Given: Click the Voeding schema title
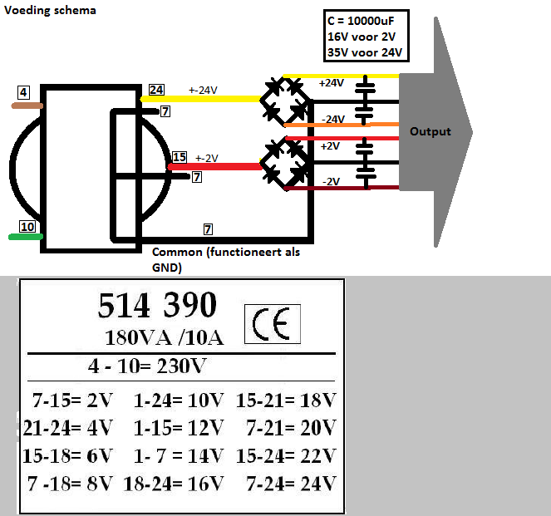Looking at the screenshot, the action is (x=50, y=11).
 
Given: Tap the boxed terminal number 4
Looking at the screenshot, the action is (x=23, y=92).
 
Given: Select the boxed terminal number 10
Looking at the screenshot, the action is (x=27, y=227).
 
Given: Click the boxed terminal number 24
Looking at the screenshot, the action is (x=156, y=90).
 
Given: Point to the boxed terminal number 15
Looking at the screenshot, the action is (x=180, y=157).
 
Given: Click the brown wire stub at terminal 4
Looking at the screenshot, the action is (x=27, y=106).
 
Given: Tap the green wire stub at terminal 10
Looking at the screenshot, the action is (x=26, y=237).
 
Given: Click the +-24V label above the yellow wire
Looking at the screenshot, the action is (x=203, y=91).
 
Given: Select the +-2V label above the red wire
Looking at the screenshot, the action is (x=207, y=159).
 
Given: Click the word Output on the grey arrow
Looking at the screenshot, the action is (x=430, y=131).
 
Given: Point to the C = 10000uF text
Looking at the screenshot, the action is (x=361, y=21).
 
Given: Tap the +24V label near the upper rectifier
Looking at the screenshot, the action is (x=331, y=83).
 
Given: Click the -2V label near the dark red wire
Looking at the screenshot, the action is (x=331, y=182).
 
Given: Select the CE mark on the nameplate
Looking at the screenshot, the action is (x=273, y=324).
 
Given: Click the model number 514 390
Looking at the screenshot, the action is (x=157, y=305).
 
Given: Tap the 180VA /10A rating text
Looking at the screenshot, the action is (x=164, y=338).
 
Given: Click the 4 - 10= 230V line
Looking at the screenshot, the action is (x=147, y=366).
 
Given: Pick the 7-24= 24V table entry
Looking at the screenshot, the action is (x=291, y=484).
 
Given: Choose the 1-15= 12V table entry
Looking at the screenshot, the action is (x=179, y=428).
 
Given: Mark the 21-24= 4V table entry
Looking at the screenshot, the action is (x=68, y=428).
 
